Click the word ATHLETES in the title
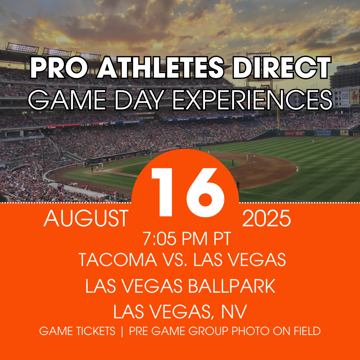160,67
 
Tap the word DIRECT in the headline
281,67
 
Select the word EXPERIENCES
252,100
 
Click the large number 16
188,192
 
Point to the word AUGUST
86,219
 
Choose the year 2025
267,219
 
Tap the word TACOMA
118,260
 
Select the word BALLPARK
232,286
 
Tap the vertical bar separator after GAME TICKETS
122,331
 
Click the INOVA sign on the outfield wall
323,133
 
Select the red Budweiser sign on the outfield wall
295,133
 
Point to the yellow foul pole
278,108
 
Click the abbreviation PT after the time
222,239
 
